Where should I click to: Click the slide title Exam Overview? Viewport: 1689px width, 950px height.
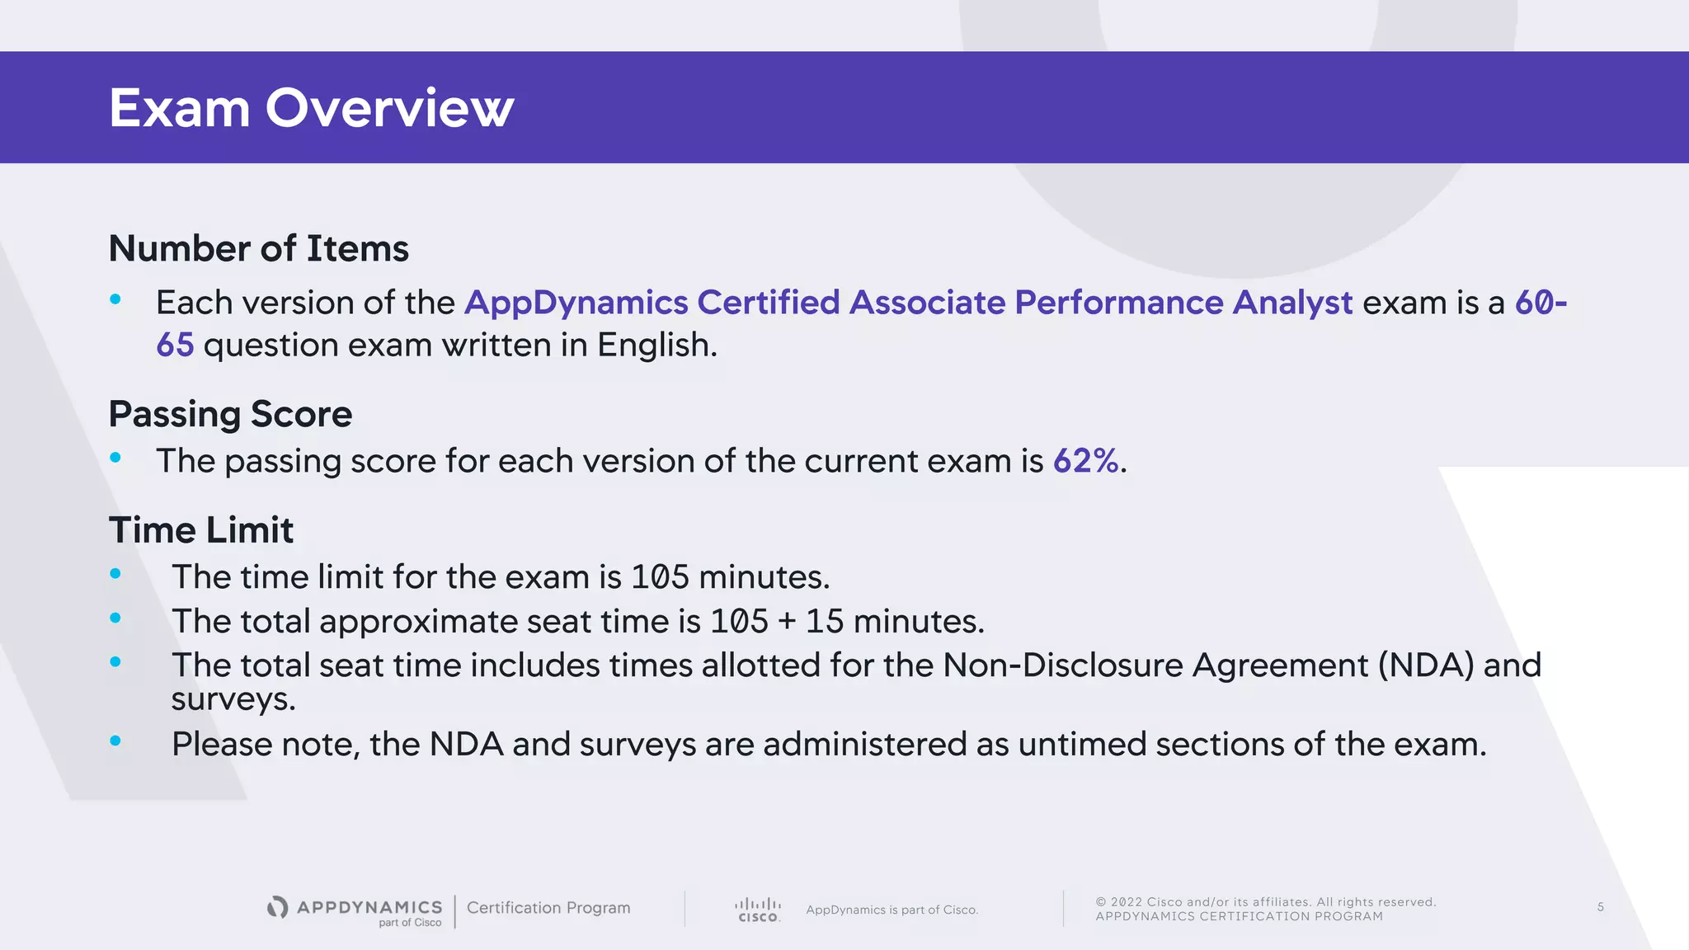(x=311, y=108)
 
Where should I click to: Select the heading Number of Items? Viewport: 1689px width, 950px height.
(x=258, y=248)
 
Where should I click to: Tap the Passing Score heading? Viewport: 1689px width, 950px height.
(x=230, y=414)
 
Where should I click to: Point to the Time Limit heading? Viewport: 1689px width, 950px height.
(x=200, y=530)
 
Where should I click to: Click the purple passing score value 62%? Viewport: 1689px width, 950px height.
(x=1085, y=461)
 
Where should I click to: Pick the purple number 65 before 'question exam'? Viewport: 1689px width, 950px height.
(x=175, y=345)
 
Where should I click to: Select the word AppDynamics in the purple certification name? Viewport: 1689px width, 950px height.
(x=576, y=303)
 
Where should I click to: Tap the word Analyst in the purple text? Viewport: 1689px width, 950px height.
(x=1292, y=303)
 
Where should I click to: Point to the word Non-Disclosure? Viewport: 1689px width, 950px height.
(x=1063, y=665)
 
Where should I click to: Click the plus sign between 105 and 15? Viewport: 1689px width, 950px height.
(x=787, y=622)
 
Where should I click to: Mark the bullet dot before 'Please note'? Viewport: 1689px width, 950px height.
(x=115, y=741)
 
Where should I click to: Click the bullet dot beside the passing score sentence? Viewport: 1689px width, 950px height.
(x=115, y=457)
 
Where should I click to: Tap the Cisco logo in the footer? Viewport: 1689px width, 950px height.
(x=758, y=910)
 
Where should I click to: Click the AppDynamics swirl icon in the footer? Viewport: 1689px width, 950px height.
(x=278, y=907)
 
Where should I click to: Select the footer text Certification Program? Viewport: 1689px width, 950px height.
(x=548, y=908)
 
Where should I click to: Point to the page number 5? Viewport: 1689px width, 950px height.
(x=1600, y=907)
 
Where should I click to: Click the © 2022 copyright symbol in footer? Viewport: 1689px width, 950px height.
(x=1101, y=902)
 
